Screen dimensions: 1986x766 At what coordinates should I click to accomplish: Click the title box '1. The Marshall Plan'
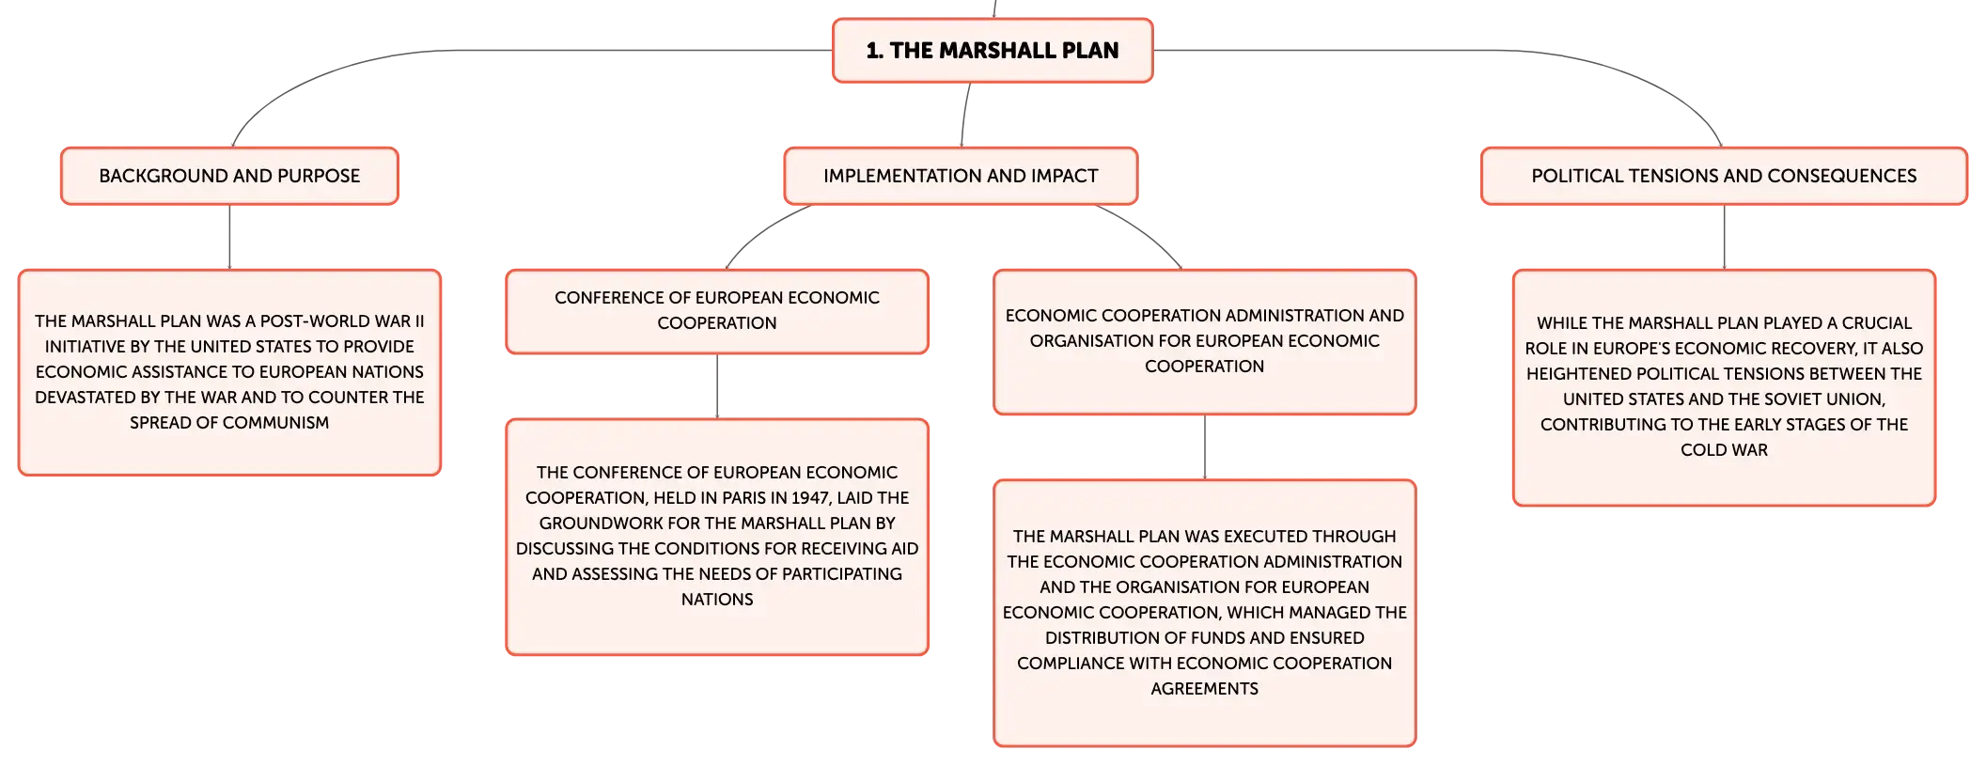pyautogui.click(x=993, y=51)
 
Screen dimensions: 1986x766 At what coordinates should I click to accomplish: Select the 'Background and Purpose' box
pyautogui.click(x=229, y=176)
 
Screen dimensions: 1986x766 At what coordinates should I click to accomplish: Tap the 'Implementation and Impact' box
pyautogui.click(x=961, y=176)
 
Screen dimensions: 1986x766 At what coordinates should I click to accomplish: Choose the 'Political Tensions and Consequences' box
pyautogui.click(x=1724, y=176)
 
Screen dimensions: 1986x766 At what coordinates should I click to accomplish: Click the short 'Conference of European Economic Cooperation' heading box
pyautogui.click(x=717, y=311)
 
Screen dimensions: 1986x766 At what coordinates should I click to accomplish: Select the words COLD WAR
pyautogui.click(x=1724, y=450)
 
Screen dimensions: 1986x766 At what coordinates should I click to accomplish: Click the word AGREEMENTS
pyautogui.click(x=1204, y=689)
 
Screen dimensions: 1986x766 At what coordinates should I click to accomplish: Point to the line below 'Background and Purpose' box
pyautogui.click(x=229, y=237)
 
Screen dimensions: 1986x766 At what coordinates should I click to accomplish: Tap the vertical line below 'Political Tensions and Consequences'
pyautogui.click(x=1724, y=237)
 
